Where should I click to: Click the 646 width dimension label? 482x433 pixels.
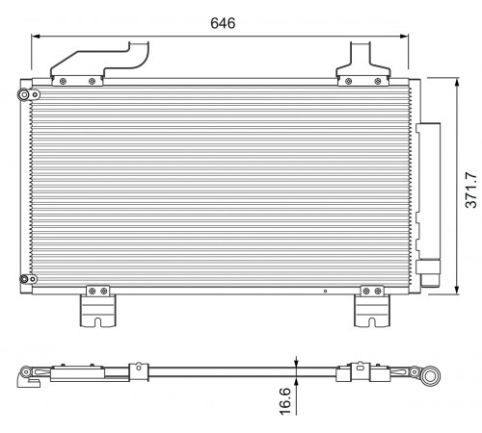[x=223, y=23]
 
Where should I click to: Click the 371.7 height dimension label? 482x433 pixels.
[x=471, y=190]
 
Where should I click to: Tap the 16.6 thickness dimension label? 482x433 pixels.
[x=284, y=401]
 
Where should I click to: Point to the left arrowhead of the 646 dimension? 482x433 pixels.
[x=36, y=37]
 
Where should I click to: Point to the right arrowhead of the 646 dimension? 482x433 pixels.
[x=404, y=37]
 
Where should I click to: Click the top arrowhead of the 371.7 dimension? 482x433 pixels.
[x=457, y=82]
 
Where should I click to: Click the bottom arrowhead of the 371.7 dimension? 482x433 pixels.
[x=457, y=290]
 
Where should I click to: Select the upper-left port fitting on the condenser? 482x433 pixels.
[x=29, y=94]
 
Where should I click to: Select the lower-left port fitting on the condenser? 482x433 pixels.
[x=28, y=279]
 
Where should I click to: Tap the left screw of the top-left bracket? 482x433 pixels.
[x=63, y=81]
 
